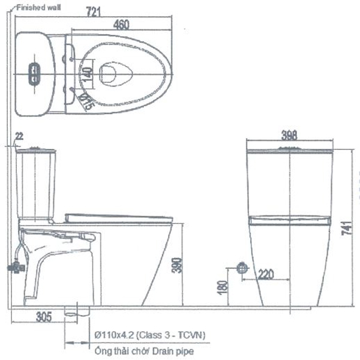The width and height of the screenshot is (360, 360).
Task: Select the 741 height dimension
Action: click(x=353, y=227)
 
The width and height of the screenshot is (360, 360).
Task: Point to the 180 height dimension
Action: click(x=223, y=287)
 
